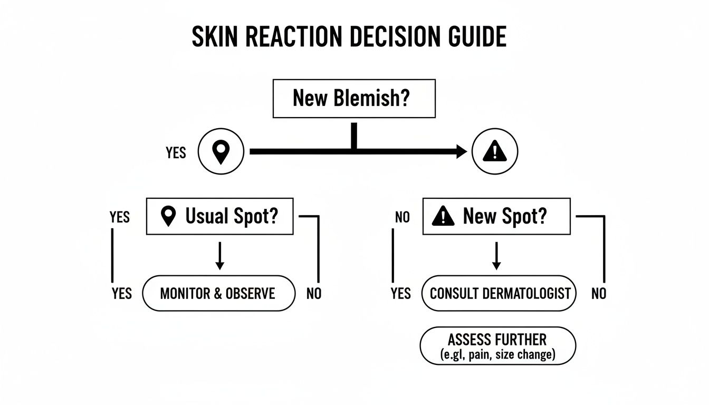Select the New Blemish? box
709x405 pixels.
pyautogui.click(x=353, y=98)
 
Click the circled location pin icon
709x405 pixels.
pyautogui.click(x=221, y=152)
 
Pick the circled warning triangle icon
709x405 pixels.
pyautogui.click(x=494, y=152)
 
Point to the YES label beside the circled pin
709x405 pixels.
pyautogui.click(x=176, y=153)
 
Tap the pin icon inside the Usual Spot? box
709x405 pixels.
pyautogui.click(x=168, y=216)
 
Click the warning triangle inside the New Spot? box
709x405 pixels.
pyautogui.click(x=443, y=216)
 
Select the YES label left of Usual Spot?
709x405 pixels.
pyautogui.click(x=120, y=217)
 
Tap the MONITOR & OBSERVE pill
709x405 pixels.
pyautogui.click(x=218, y=293)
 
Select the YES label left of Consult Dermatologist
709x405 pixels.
pyautogui.click(x=401, y=294)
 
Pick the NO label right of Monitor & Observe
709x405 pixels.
pyautogui.click(x=314, y=294)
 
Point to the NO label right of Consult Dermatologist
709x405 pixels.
pyautogui.click(x=599, y=294)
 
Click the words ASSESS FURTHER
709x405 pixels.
pyautogui.click(x=497, y=339)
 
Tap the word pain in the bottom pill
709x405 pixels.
pyautogui.click(x=482, y=355)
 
